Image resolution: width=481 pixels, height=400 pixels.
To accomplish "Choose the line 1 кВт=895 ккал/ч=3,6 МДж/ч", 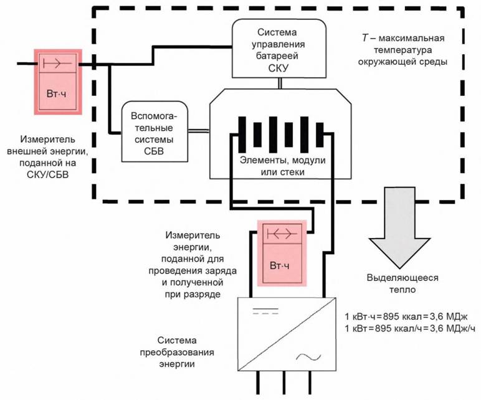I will coord(410,328).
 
